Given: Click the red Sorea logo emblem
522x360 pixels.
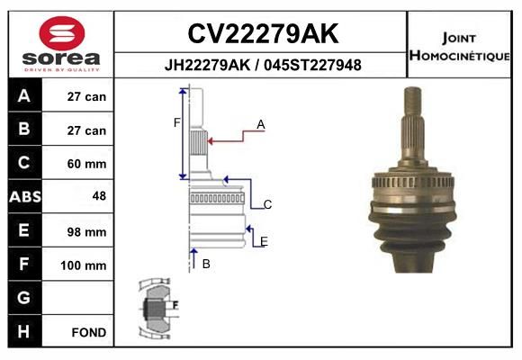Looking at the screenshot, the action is (62, 33).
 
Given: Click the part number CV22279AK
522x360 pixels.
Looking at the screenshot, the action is (263, 33).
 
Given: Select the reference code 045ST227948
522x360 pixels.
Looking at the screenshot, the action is (312, 65).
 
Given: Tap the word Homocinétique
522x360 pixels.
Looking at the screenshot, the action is (459, 55).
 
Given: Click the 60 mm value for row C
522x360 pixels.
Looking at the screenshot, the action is (86, 164).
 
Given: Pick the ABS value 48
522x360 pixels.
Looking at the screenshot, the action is (99, 196).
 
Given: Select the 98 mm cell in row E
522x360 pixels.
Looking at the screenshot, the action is (86, 232).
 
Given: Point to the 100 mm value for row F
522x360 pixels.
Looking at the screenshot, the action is (83, 265).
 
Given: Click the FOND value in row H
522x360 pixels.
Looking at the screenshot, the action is (89, 332).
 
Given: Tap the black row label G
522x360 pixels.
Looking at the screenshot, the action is (24, 297).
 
